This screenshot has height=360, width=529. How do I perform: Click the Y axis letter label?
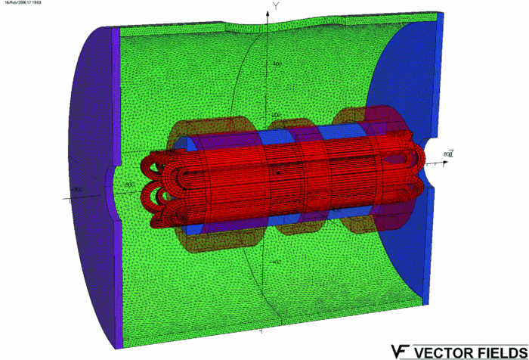[x=277, y=6]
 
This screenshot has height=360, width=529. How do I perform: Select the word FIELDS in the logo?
[x=500, y=352]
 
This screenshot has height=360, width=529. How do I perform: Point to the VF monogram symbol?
[x=400, y=352]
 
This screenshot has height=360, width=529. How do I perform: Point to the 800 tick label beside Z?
[x=447, y=154]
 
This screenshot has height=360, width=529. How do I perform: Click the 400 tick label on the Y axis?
[x=277, y=65]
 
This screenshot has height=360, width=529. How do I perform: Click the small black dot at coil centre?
[x=277, y=173]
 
